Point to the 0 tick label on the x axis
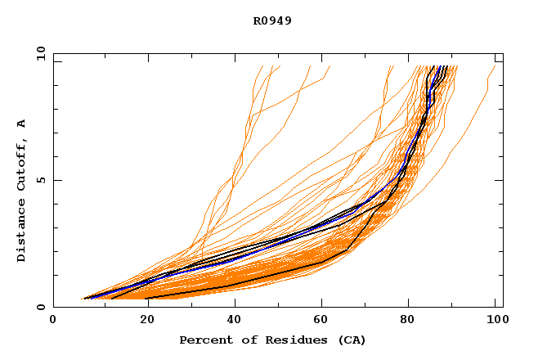pos(53,321)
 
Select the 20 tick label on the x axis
pos(142,321)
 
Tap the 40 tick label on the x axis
pos(231,321)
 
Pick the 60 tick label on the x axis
pos(320,321)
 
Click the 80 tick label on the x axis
pos(408,321)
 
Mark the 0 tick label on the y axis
pos(40,307)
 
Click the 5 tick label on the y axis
pos(40,180)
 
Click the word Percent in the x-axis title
pos(205,340)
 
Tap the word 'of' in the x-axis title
pos(244,340)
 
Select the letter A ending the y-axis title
pos(21,124)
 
